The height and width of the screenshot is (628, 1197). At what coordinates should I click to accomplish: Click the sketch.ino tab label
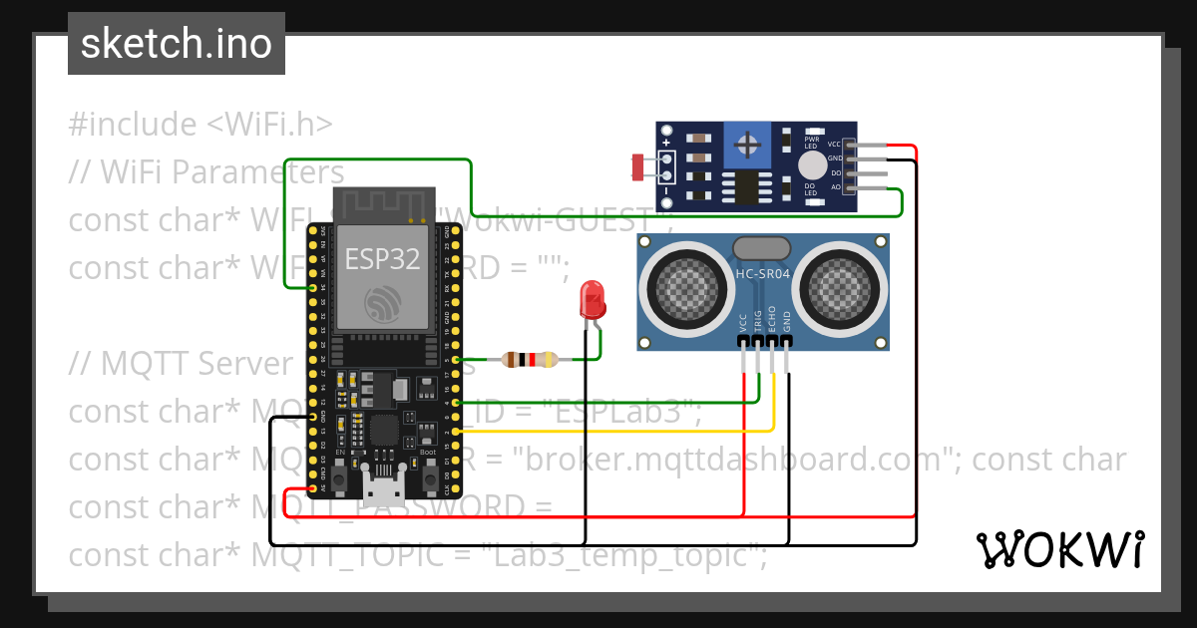pos(176,44)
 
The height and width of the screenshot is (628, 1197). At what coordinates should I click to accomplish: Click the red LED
pos(592,299)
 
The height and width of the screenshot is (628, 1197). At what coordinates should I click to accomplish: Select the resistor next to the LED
pos(528,360)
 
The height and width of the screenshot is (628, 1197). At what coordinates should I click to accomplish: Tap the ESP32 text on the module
pos(382,259)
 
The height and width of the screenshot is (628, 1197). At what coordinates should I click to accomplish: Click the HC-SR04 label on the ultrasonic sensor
pos(762,274)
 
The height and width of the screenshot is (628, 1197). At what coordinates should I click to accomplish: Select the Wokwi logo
pos(1059,549)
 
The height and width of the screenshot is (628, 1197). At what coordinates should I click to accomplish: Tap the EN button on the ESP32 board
pos(340,481)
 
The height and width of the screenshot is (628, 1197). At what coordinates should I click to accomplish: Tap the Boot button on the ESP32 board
pos(430,481)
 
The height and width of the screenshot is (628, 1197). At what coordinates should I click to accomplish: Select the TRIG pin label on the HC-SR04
pos(758,321)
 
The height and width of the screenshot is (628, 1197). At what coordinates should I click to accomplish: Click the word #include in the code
pos(133,125)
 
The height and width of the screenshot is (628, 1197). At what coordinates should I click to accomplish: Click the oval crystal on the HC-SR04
pos(761,247)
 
